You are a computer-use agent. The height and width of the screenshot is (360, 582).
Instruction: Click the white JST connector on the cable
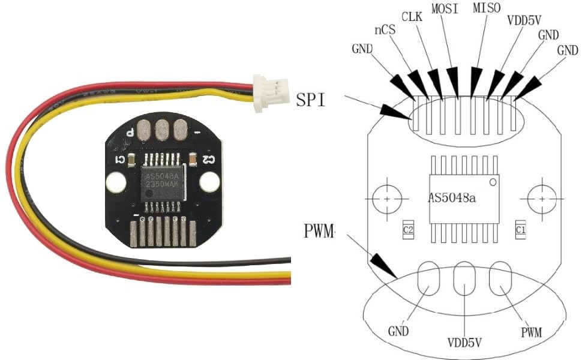click(268, 93)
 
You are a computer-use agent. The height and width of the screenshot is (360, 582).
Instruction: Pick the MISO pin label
click(487, 9)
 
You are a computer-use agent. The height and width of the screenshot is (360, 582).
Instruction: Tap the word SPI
click(311, 100)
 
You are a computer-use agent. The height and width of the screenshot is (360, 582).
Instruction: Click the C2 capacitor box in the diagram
click(408, 229)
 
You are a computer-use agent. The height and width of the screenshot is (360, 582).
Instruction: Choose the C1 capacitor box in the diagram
click(520, 229)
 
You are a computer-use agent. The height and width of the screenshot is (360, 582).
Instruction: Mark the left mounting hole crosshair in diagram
click(388, 198)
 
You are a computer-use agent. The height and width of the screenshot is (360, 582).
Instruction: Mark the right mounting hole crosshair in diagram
click(542, 198)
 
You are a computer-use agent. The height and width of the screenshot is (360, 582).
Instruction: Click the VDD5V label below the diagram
click(466, 344)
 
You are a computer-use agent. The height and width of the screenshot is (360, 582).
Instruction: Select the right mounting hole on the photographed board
click(209, 181)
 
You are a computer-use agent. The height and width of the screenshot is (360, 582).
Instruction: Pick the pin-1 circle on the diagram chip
click(493, 181)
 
